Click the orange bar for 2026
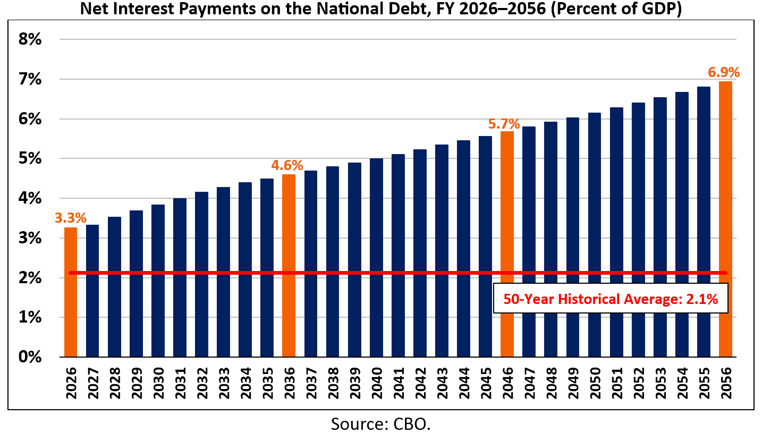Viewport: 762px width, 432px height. point(71,292)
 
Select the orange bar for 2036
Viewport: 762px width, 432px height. point(289,265)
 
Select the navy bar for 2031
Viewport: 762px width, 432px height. point(180,277)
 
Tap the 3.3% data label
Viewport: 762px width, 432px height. point(70,218)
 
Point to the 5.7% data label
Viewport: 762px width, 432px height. point(504,124)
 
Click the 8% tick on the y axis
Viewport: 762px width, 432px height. point(30,40)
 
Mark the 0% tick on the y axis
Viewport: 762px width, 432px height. point(30,357)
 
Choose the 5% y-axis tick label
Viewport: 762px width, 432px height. point(30,158)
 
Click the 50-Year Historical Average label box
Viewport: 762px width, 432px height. point(611,299)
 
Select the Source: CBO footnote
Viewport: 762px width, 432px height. point(380,423)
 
